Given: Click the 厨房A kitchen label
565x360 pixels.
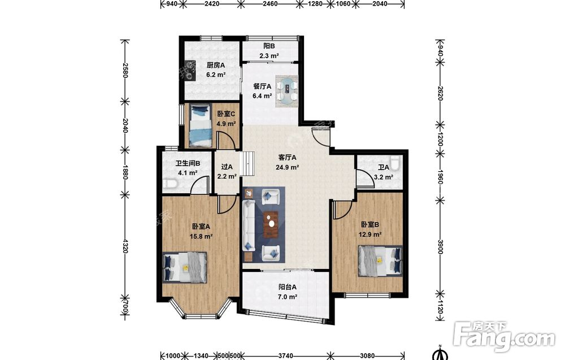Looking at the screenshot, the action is point(215,65).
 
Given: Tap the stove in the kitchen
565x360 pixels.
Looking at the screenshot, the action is point(190,70).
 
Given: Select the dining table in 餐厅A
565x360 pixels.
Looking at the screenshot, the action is point(287,91).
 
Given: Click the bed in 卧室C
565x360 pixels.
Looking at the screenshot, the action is point(200,125).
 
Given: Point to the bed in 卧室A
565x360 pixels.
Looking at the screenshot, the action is point(185,267).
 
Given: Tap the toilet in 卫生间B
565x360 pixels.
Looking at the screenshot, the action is point(169,184).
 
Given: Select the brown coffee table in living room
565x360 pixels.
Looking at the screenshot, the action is point(271,224).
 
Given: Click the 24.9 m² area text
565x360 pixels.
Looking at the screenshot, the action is point(287,167).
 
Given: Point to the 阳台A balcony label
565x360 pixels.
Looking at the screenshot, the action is point(287,287).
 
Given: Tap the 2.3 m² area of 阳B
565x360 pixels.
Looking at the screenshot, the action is point(269,56).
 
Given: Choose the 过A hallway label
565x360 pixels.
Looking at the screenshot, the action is point(227,167).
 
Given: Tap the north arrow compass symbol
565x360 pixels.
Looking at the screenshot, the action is point(440,353).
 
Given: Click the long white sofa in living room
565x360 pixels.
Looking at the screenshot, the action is point(249,225).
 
